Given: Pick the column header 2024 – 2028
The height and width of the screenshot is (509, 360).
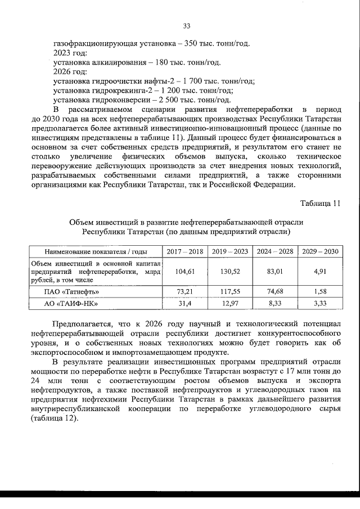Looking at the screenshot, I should [274, 251].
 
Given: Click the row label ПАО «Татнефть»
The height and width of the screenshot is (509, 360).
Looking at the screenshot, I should [72, 292].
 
